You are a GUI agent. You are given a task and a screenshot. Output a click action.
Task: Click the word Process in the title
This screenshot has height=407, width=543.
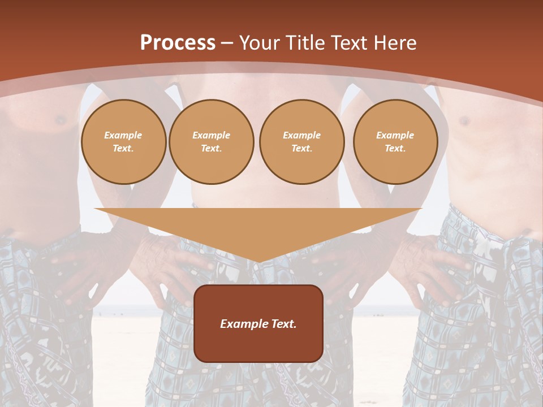click(x=178, y=43)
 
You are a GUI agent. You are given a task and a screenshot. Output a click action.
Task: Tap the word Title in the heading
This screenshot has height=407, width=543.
click(x=304, y=43)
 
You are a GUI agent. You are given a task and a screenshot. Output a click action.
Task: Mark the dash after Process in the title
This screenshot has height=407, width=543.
click(x=227, y=44)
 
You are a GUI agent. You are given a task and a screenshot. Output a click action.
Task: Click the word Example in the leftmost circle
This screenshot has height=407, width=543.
click(x=123, y=135)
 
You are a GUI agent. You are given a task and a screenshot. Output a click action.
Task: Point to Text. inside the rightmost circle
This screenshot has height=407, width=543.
click(x=395, y=148)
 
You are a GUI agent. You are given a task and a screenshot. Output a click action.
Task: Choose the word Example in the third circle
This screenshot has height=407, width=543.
click(x=301, y=135)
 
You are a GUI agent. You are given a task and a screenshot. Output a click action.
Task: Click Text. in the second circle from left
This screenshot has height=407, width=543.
click(x=211, y=148)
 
